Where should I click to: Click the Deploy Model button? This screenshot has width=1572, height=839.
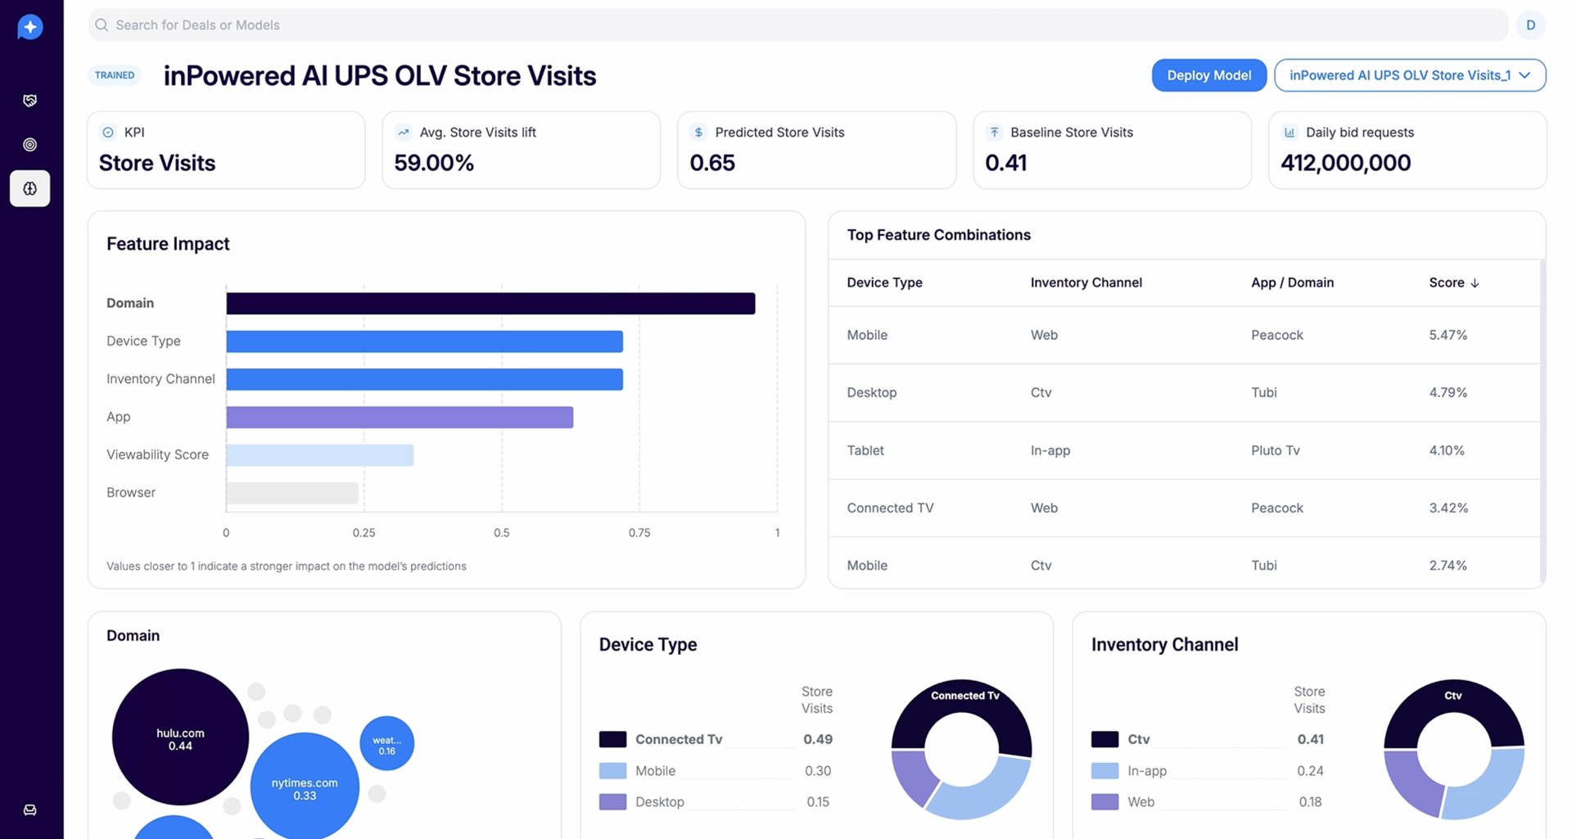point(1208,75)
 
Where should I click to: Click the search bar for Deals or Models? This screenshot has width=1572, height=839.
point(797,25)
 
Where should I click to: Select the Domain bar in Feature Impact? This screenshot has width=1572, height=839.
point(490,304)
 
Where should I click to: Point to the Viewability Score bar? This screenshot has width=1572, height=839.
point(320,455)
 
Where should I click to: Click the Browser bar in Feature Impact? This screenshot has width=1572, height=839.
point(292,493)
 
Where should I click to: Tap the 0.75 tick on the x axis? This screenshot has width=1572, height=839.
point(639,533)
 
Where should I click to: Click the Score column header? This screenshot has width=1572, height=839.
point(1454,282)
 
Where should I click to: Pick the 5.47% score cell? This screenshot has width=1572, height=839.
point(1448,335)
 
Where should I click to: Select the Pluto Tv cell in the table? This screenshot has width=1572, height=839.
point(1276,450)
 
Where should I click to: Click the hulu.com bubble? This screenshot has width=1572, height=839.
point(180,737)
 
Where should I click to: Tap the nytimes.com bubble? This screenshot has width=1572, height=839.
point(305,787)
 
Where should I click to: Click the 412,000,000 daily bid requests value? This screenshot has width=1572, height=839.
point(1346,163)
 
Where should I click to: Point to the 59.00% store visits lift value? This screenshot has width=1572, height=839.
point(434,163)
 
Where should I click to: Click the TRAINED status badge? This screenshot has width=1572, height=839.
point(115,75)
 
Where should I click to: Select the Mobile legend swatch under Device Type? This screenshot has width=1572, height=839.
point(612,771)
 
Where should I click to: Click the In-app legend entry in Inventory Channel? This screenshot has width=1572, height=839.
point(1147,771)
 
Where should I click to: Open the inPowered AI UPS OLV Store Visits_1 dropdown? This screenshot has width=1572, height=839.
point(1410,75)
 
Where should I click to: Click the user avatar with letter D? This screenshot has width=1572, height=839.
point(1530,25)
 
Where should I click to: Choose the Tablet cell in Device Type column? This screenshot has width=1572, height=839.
point(865,450)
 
